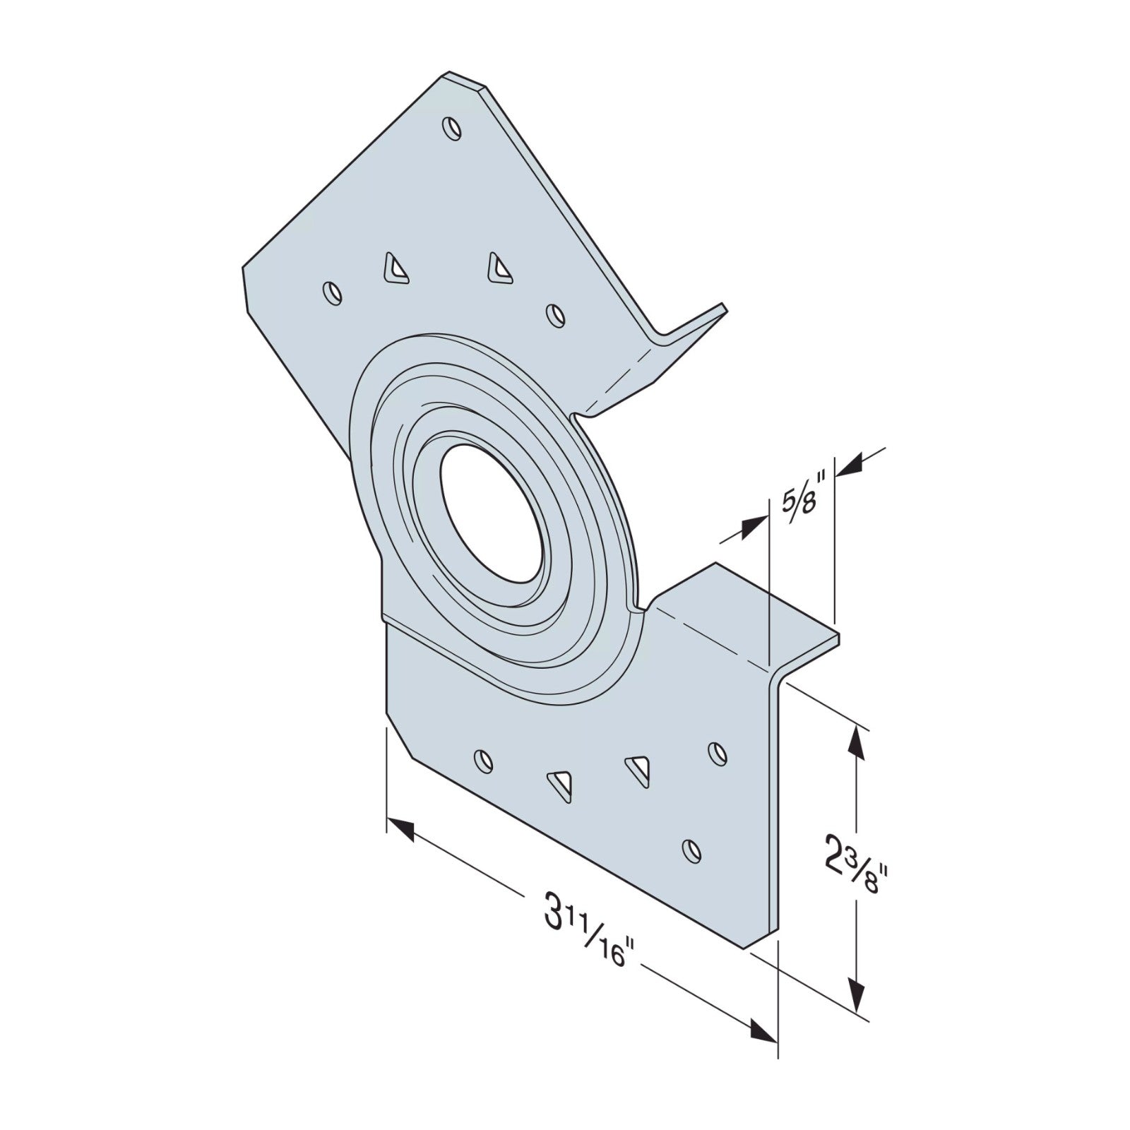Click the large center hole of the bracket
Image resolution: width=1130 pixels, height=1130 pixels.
click(493, 516)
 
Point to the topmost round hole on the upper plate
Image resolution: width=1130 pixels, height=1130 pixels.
click(449, 128)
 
